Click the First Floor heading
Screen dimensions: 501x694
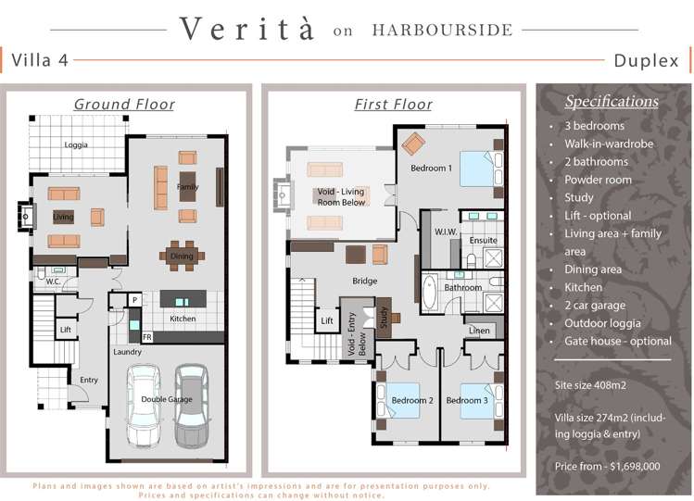[x=393, y=104]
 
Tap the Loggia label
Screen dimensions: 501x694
[x=77, y=145]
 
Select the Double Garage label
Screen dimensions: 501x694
[x=166, y=399]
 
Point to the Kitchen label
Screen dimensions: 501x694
[x=183, y=319]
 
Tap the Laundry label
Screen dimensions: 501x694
[x=127, y=352]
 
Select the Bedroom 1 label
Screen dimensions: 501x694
[x=431, y=169]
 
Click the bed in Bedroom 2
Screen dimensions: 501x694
[x=410, y=393]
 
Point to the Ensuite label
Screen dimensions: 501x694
[x=483, y=240]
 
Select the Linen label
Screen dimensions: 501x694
[x=479, y=331]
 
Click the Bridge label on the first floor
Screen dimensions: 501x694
[x=364, y=281]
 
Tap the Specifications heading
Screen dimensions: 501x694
[x=612, y=101]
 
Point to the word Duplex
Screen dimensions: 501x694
[x=646, y=61]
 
